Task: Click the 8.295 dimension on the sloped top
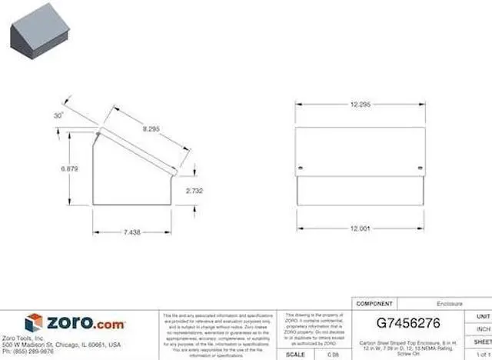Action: tap(151, 130)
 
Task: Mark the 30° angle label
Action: tap(58, 115)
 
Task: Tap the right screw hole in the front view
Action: tap(419, 168)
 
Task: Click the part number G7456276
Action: tap(408, 324)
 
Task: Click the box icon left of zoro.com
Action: tap(33, 323)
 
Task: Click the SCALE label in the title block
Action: tap(295, 355)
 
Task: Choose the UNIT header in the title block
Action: tap(482, 316)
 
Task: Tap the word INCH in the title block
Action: tap(482, 328)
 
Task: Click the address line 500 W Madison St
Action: tap(61, 345)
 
